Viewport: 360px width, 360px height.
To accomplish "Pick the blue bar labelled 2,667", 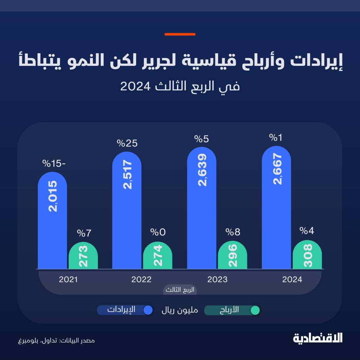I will [276, 207].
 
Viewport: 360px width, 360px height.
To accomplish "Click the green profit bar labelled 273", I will [83, 256].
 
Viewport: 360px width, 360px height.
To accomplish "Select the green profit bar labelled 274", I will [157, 256].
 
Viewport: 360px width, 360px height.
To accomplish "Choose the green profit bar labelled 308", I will [307, 255].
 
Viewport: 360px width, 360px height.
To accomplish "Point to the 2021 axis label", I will [68, 279].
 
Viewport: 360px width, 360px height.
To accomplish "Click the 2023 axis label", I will [217, 279].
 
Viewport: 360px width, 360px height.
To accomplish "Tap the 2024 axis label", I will [292, 279].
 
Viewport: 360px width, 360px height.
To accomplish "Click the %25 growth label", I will [127, 143].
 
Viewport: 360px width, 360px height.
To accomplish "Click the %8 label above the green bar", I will [232, 231].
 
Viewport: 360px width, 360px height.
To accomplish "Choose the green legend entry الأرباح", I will [232, 310].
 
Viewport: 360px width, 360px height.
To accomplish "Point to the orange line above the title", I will [180, 34].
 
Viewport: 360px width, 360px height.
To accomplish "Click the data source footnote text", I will [57, 340].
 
